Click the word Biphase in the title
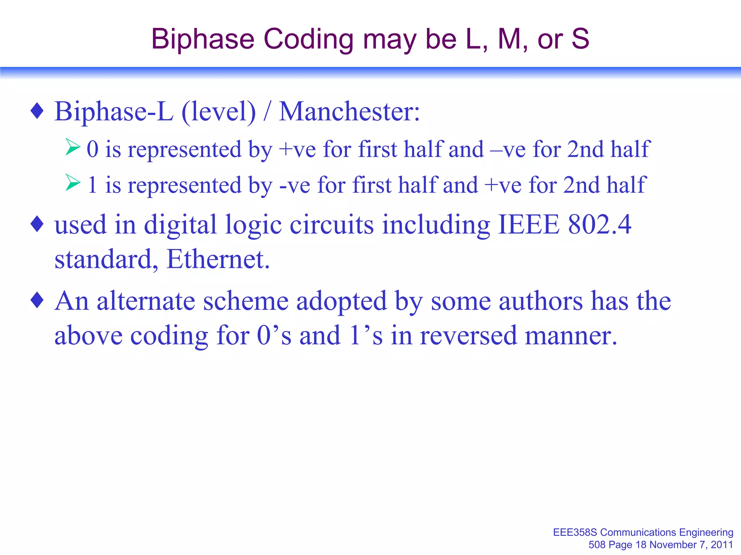click(x=203, y=39)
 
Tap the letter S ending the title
click(x=580, y=39)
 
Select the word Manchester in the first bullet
click(x=349, y=112)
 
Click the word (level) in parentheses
click(x=219, y=112)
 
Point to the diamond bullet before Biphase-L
click(x=37, y=111)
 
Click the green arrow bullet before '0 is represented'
click(x=73, y=147)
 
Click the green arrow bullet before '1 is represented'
click(x=73, y=182)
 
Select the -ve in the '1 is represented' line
click(x=295, y=185)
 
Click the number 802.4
click(x=600, y=225)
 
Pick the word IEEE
click(x=529, y=225)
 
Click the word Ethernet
click(x=218, y=259)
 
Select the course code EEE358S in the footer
click(x=575, y=532)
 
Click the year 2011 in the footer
click(x=722, y=545)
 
